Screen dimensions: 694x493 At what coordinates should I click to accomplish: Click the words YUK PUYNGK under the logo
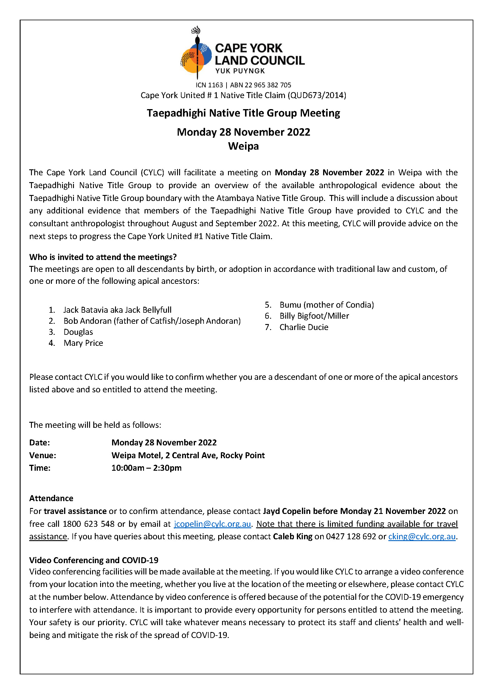point(240,71)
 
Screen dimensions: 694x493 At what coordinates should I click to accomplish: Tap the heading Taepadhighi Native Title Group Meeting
point(244,113)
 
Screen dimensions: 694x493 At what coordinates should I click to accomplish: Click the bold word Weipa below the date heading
point(244,146)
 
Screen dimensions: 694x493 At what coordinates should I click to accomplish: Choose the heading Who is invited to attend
point(103,257)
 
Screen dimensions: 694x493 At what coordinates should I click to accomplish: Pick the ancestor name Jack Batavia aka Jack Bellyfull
point(117,310)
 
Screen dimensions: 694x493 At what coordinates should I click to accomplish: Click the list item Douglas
point(78,332)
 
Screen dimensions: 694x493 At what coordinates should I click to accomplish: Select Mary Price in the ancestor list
point(83,343)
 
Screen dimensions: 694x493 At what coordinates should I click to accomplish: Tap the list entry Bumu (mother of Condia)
point(327,305)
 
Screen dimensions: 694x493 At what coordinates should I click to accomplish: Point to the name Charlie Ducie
point(304,327)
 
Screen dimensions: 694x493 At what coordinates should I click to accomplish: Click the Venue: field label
point(43,455)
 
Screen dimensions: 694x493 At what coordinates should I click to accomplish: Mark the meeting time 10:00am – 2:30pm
point(146,468)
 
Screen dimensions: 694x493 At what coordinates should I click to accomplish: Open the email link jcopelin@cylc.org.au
point(212,524)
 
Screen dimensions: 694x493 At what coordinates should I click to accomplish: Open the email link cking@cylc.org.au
point(422,536)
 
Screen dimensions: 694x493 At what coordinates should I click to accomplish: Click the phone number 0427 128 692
point(351,536)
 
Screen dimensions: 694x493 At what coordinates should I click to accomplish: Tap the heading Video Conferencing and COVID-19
point(94,560)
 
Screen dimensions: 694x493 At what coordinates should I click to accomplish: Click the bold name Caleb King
point(293,536)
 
